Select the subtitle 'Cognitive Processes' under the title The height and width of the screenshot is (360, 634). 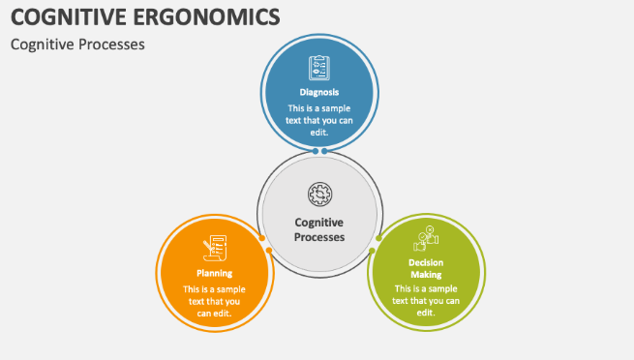(x=77, y=45)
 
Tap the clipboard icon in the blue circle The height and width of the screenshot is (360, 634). (x=318, y=68)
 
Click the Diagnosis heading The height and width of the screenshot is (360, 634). (x=318, y=92)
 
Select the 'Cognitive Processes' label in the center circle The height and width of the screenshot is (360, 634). (x=318, y=228)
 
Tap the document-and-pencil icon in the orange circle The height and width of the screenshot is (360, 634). (x=214, y=249)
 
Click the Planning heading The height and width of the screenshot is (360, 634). (x=214, y=273)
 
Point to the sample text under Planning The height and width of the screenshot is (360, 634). (x=214, y=300)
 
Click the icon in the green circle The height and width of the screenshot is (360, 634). (x=426, y=237)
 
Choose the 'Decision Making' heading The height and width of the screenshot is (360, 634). (x=426, y=268)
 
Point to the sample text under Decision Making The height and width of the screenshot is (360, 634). (x=426, y=300)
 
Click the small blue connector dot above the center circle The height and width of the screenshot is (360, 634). (x=318, y=152)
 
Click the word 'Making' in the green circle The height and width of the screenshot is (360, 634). (x=426, y=275)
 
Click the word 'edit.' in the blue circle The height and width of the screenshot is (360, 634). (x=318, y=132)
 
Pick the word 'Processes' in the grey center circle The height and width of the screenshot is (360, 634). (x=318, y=236)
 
